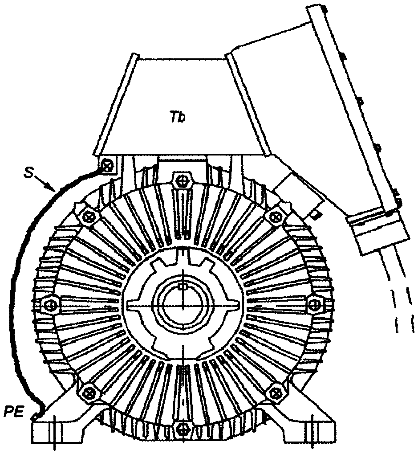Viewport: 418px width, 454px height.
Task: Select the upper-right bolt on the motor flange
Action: [x=276, y=215]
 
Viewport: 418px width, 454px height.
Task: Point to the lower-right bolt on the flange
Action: [x=276, y=392]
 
